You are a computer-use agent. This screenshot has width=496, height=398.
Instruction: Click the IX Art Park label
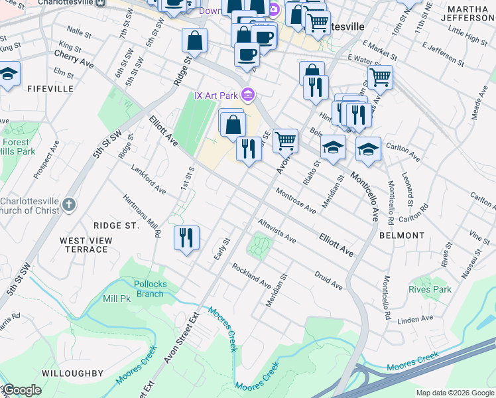click(216, 96)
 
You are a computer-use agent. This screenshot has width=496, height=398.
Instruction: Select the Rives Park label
click(430, 289)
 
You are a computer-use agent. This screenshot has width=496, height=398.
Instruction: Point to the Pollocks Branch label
click(149, 289)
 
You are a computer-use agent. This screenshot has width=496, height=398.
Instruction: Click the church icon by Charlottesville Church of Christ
click(70, 205)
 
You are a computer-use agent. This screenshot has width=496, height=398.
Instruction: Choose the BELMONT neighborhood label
click(402, 235)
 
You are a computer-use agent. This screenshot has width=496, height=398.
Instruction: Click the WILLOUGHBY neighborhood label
click(72, 373)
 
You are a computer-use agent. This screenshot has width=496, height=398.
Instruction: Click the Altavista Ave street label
click(277, 230)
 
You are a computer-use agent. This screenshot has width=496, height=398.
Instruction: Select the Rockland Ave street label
click(251, 275)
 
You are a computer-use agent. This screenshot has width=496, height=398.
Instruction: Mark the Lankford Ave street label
click(148, 180)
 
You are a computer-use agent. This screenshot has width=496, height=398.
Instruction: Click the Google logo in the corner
click(22, 390)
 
